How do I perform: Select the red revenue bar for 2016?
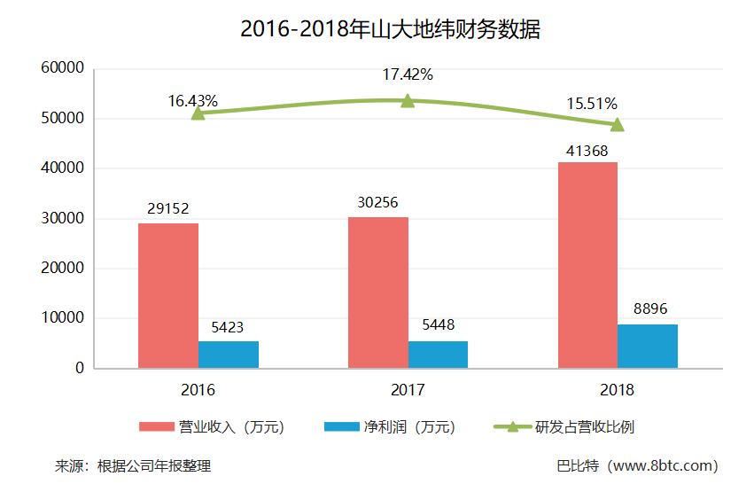click(168, 295)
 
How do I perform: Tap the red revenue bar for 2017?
click(378, 293)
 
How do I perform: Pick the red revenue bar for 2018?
click(587, 265)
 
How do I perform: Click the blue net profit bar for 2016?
click(229, 355)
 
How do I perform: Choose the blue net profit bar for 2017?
click(438, 355)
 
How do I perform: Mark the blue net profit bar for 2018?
click(648, 346)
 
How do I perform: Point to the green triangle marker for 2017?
click(408, 100)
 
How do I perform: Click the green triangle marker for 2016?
click(198, 113)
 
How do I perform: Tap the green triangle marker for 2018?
click(618, 124)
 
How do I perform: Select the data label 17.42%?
click(408, 74)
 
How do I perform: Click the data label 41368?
click(587, 151)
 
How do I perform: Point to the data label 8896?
click(649, 309)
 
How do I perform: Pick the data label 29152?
click(167, 209)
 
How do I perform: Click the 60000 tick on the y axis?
click(62, 68)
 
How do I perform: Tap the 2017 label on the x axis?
click(408, 389)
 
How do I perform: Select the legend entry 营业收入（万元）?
click(212, 427)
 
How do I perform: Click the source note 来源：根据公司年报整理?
click(133, 465)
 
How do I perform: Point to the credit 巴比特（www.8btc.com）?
click(636, 465)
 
